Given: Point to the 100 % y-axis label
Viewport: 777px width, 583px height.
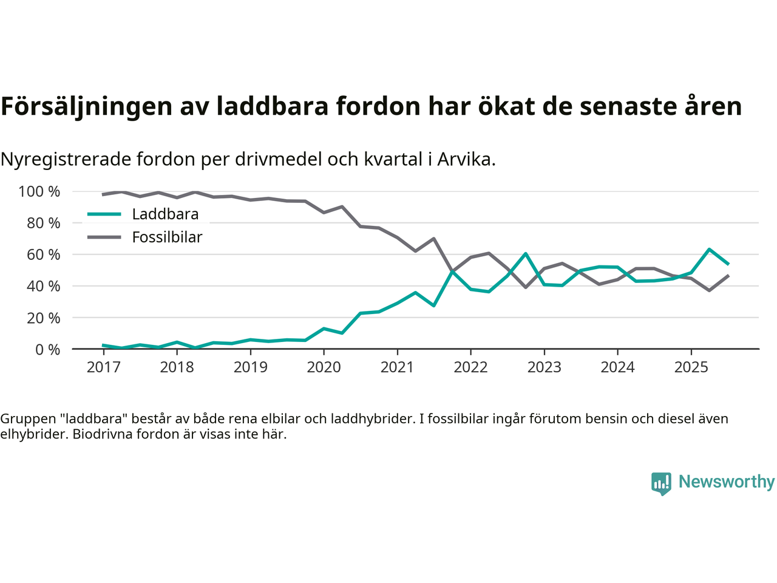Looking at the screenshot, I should point(39,192).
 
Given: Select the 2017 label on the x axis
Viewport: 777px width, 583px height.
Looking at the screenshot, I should point(103,367).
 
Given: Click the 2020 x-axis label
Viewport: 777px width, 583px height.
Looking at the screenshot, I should point(324,367).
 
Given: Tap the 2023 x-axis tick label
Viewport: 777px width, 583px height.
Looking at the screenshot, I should point(544,367).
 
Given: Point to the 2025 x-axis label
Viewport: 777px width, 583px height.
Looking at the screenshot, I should point(691,367).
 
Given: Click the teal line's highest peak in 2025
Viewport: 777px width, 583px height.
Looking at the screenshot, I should point(709,249).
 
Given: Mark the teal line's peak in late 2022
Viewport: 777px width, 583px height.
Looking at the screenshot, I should point(526,253).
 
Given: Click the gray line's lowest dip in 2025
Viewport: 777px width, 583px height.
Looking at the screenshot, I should point(709,290).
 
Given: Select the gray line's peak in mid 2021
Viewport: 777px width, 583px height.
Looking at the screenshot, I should point(433,238).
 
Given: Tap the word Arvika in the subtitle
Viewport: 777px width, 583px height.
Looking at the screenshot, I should point(466,159).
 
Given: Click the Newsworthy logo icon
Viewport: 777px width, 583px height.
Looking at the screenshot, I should point(661,483).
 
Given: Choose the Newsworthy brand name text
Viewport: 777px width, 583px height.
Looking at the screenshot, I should point(727,482).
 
